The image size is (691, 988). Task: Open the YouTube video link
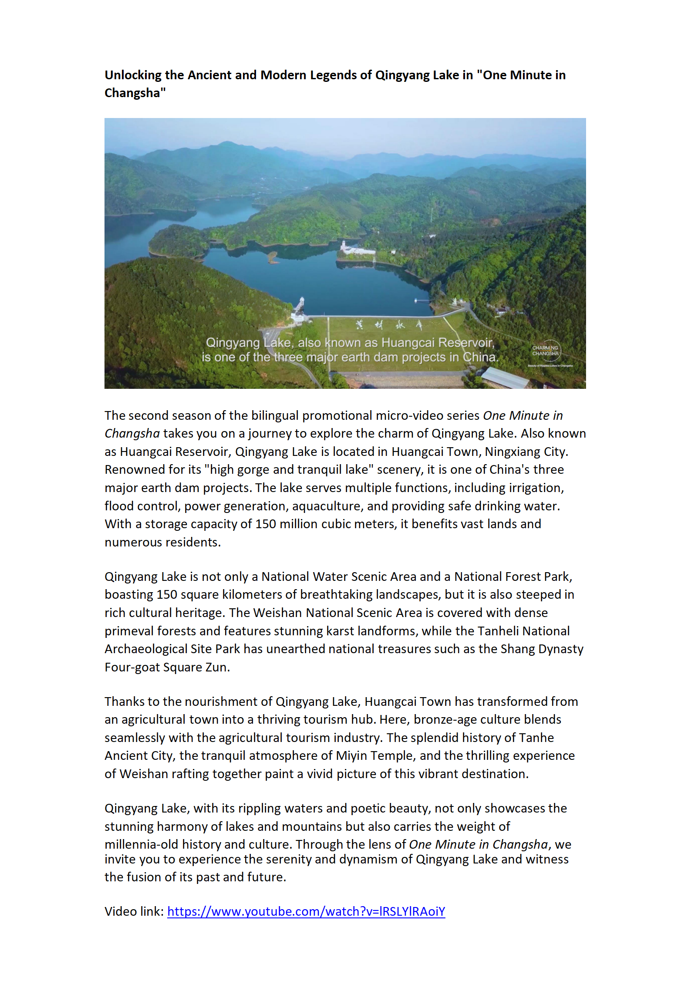click(306, 911)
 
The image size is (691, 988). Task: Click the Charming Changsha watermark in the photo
click(546, 351)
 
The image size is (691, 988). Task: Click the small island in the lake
click(272, 257)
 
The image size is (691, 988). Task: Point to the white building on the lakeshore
click(357, 249)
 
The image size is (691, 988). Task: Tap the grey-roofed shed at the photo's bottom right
click(505, 377)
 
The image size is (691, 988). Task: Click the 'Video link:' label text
click(134, 911)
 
